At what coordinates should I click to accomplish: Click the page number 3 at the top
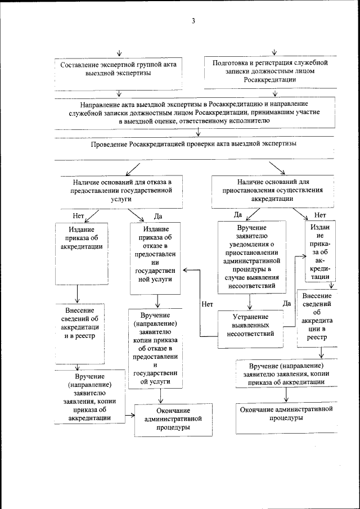[x=193, y=22]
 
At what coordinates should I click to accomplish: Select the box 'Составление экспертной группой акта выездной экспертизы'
[x=118, y=70]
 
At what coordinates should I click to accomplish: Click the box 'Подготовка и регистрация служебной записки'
[x=270, y=71]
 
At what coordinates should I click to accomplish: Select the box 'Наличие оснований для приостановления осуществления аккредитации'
[x=272, y=191]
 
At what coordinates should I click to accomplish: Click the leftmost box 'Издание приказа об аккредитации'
[x=79, y=242]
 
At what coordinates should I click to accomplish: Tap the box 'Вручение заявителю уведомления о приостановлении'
[x=251, y=256]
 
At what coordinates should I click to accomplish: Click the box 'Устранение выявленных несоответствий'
[x=250, y=325]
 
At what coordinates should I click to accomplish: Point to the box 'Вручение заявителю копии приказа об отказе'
[x=156, y=349]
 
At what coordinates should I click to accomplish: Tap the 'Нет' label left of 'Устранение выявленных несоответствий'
[x=207, y=304]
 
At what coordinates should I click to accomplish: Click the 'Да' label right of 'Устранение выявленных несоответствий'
[x=286, y=304]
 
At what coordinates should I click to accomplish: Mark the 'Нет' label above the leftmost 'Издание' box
[x=78, y=215]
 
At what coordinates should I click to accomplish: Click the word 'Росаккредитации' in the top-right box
[x=270, y=80]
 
